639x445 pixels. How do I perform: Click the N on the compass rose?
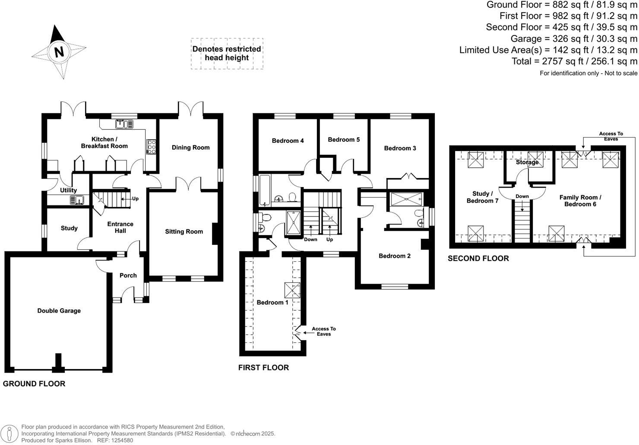pos(59,52)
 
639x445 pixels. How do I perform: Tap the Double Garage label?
pos(59,311)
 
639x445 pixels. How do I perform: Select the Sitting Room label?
pos(184,232)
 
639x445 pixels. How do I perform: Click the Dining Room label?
pos(190,147)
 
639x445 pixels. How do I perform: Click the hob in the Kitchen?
pos(151,147)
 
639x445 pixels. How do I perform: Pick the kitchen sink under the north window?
pos(124,124)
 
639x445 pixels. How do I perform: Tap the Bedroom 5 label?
pos(344,140)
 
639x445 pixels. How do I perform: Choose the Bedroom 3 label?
pos(400,148)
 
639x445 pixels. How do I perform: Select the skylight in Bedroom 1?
pos(292,290)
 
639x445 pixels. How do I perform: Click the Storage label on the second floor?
pos(527,163)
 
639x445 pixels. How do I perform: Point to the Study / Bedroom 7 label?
pos(482,197)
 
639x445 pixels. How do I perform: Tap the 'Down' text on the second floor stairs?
pos(522,197)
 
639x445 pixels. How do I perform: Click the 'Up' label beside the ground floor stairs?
pos(136,199)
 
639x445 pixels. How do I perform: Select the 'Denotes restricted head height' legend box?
pos(227,53)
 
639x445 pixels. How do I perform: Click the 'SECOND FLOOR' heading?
pos(478,259)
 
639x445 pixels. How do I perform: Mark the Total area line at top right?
pos(574,61)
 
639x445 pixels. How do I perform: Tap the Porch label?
pos(128,276)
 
